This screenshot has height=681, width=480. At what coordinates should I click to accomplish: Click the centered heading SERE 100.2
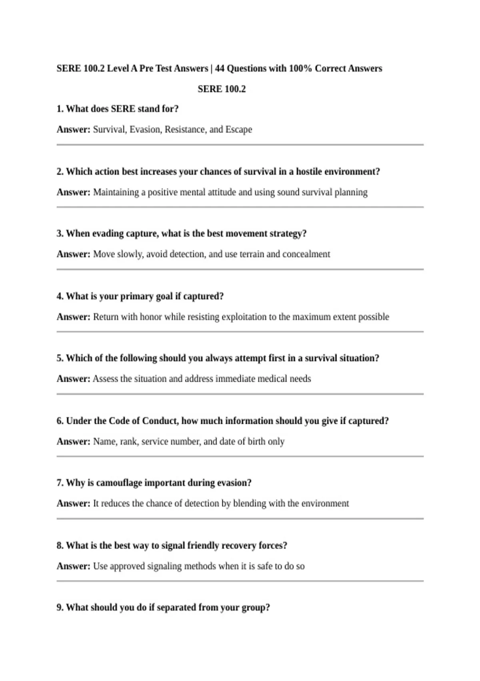click(222, 89)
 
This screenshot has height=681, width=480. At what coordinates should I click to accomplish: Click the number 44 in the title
click(220, 69)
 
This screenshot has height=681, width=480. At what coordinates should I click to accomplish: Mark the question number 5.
click(60, 358)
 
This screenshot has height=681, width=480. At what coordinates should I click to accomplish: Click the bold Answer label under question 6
click(73, 441)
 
